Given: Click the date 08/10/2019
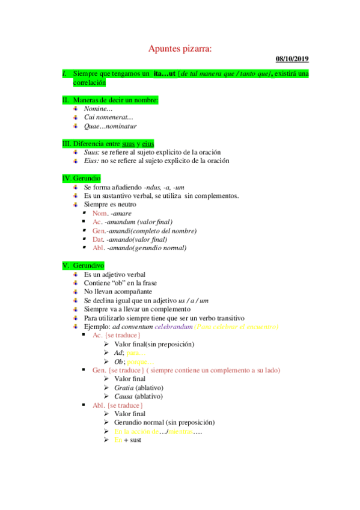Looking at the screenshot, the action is click(292, 59).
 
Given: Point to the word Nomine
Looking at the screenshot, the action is click(98, 109).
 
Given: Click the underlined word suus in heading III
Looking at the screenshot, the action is click(128, 144).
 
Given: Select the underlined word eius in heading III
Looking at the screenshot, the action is click(148, 144).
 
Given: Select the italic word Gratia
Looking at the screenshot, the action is click(123, 388).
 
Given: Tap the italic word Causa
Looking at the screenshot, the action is click(123, 396).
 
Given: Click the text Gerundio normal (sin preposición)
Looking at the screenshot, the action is click(164, 423).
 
